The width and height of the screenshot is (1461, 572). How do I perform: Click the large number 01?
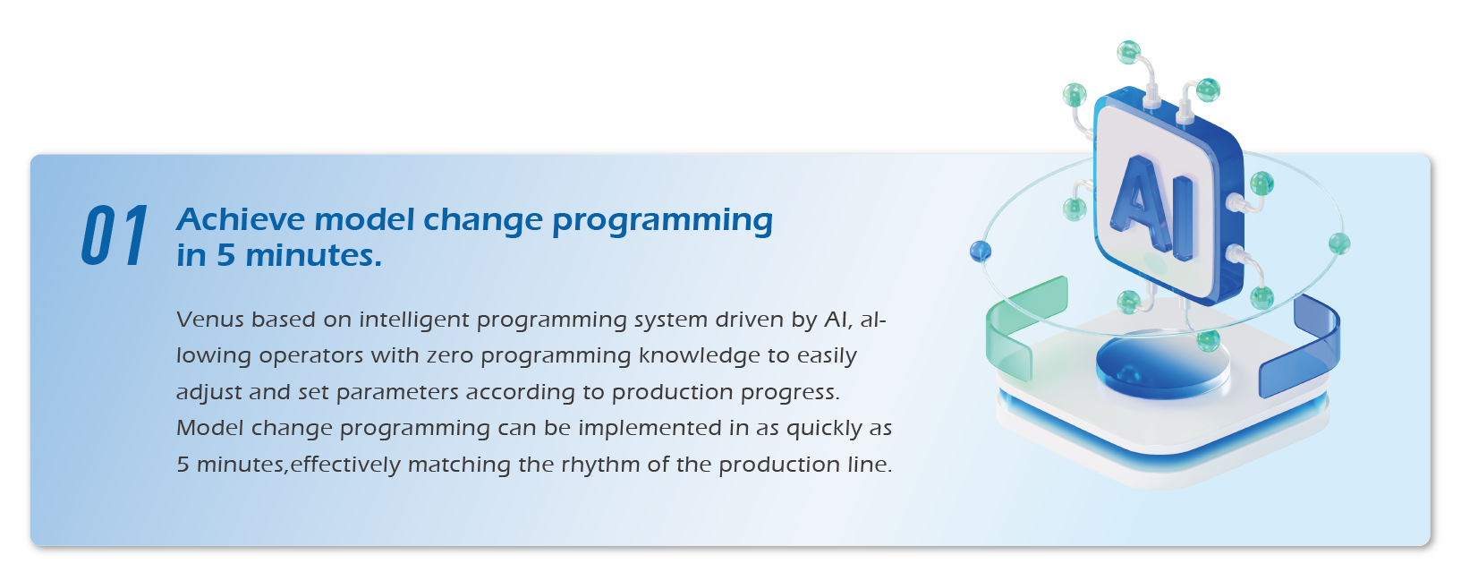point(115,236)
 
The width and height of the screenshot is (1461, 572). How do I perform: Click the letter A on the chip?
point(1140,203)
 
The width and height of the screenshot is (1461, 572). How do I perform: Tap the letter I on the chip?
point(1183,218)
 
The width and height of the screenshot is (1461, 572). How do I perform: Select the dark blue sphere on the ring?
point(981,252)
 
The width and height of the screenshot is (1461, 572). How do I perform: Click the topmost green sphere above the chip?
point(1128,52)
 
